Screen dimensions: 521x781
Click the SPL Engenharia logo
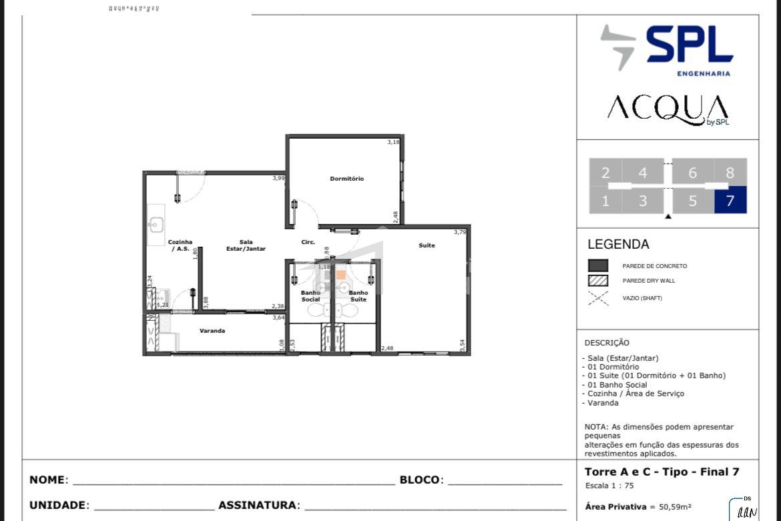[x=666, y=49]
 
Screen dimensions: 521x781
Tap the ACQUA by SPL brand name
[x=668, y=109]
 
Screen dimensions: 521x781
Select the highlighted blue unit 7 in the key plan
[x=730, y=200]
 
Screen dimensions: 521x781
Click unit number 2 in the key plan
[x=605, y=173]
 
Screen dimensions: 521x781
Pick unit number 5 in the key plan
[x=692, y=201]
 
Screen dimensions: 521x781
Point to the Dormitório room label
[x=346, y=179]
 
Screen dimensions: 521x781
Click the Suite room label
[x=427, y=245]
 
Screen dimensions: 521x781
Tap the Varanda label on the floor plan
[x=212, y=331]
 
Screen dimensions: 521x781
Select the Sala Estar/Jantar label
[x=246, y=245]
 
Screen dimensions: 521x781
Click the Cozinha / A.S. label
[x=180, y=245]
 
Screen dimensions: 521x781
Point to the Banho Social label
[x=310, y=296]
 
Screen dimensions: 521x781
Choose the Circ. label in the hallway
[x=308, y=242]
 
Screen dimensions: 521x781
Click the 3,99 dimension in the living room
[x=278, y=178]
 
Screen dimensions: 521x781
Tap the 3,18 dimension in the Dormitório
[x=393, y=142]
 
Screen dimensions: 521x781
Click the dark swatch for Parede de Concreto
[x=597, y=266]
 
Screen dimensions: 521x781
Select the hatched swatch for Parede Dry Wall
[x=597, y=281]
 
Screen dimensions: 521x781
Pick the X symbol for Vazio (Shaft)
[x=597, y=298]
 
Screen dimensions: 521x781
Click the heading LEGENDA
[x=618, y=245]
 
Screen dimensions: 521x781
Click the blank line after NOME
[x=233, y=481]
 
